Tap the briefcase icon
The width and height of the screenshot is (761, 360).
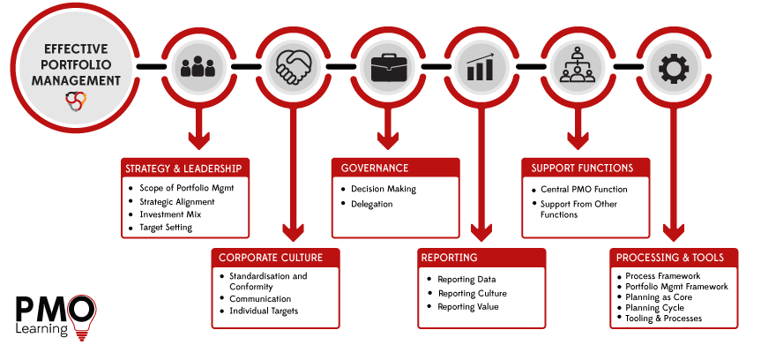387,67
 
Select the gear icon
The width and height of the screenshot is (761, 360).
673,67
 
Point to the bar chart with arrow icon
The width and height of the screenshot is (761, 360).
481,67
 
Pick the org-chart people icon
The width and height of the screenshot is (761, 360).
577,67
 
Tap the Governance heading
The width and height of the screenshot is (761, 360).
375,169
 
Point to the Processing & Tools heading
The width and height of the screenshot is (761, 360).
670,258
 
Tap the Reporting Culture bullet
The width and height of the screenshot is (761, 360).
472,293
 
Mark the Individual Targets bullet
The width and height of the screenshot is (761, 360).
264,311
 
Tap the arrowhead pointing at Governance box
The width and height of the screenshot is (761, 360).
386,140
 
